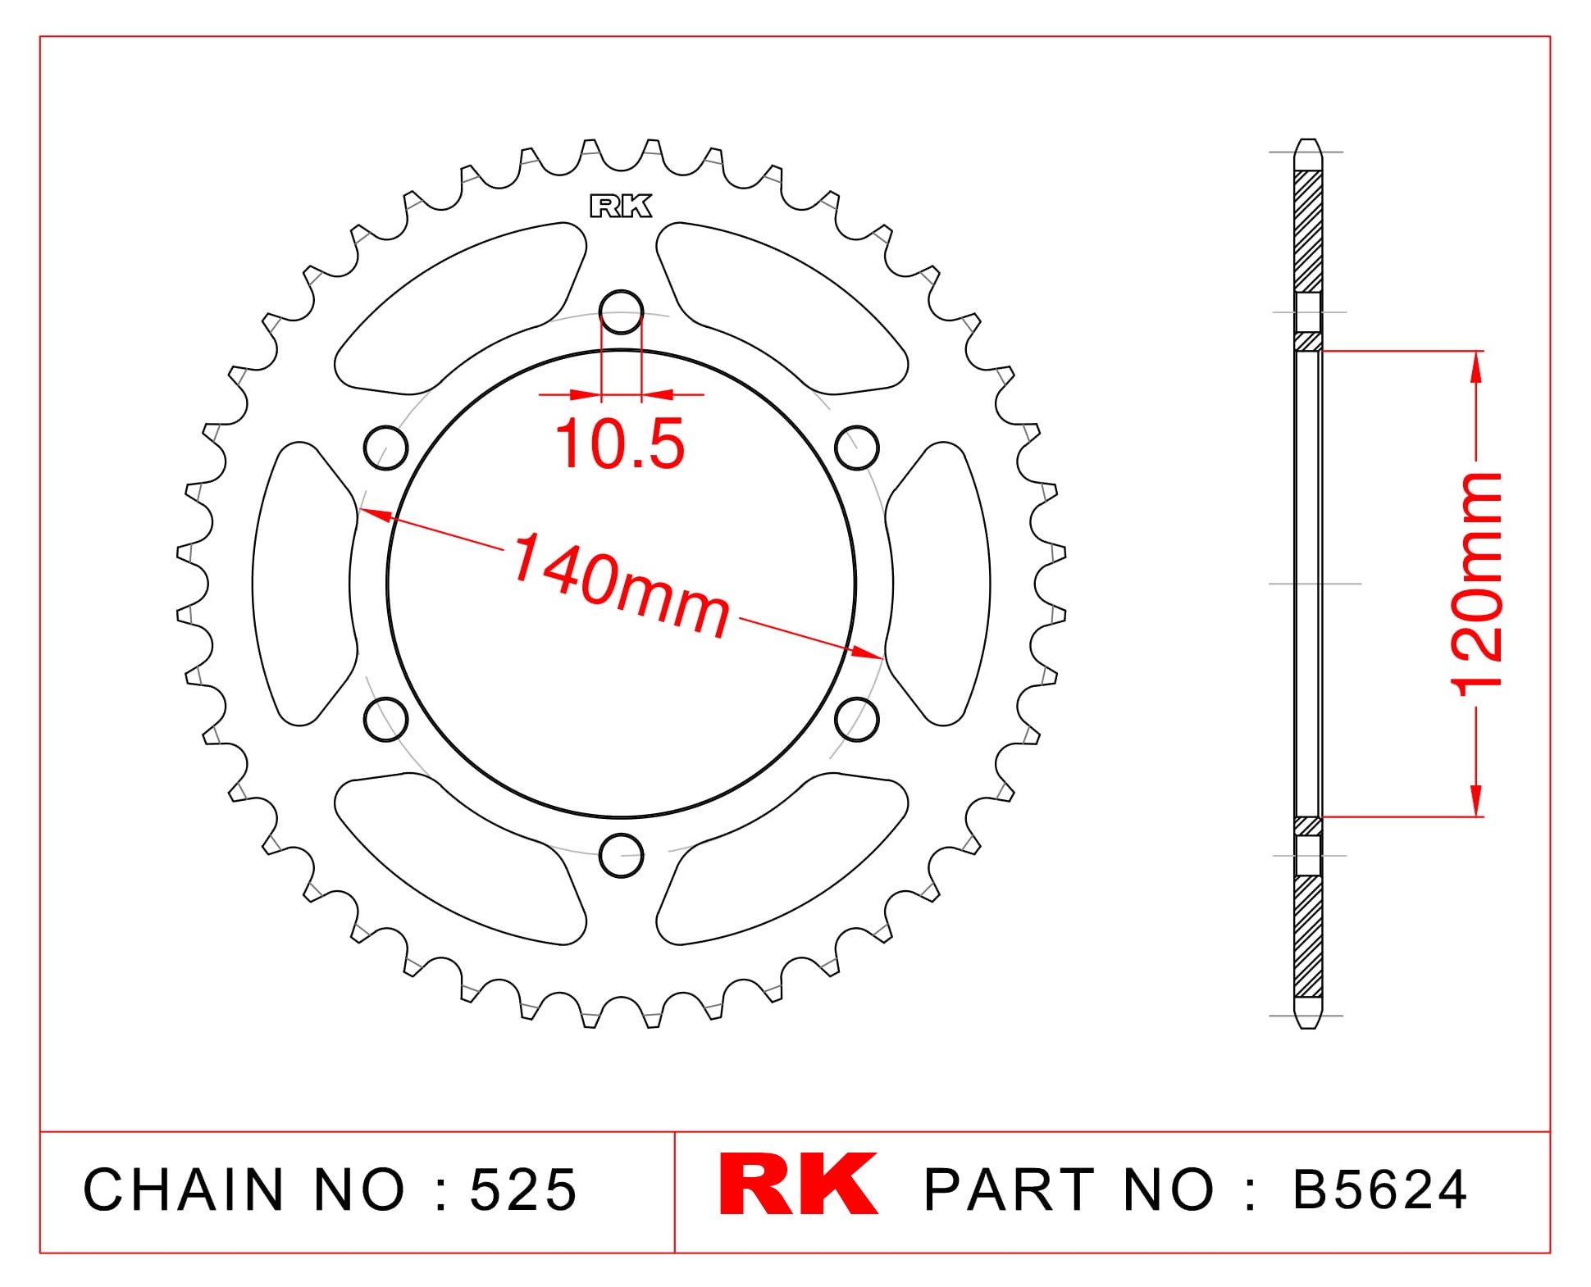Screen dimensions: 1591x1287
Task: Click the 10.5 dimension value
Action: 620,443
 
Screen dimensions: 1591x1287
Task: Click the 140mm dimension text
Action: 620,584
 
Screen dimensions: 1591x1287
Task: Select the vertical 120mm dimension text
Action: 1477,584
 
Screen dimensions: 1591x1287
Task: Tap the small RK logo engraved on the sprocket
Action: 621,207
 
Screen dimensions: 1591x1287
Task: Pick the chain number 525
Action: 524,1189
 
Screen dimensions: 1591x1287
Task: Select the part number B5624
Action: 1380,1189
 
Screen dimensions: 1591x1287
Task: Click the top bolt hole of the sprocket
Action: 621,312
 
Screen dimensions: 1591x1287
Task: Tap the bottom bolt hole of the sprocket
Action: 621,855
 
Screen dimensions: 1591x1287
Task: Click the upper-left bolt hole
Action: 385,448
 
